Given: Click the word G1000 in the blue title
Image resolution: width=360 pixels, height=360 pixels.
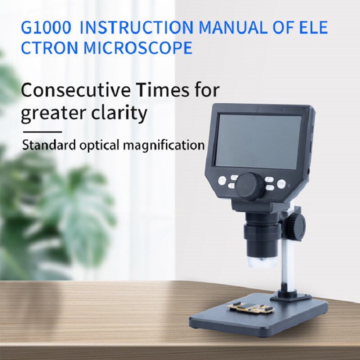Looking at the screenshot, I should (x=46, y=28).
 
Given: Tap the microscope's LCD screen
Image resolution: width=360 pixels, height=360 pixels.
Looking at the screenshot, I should (x=258, y=141).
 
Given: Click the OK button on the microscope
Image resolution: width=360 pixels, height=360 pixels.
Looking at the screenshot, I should (x=281, y=184).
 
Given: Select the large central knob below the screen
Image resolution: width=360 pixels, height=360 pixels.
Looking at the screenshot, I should (x=250, y=186).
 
